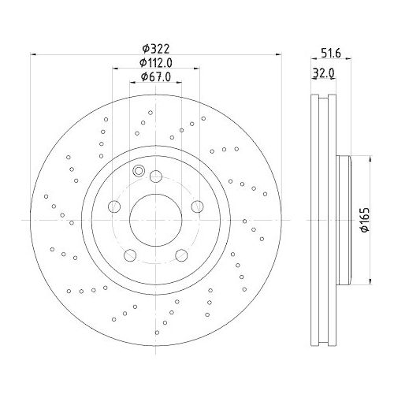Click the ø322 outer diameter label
155,47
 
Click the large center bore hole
155,217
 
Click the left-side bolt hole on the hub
113,206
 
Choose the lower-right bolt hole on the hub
181,254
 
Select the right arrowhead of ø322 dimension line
279,54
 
